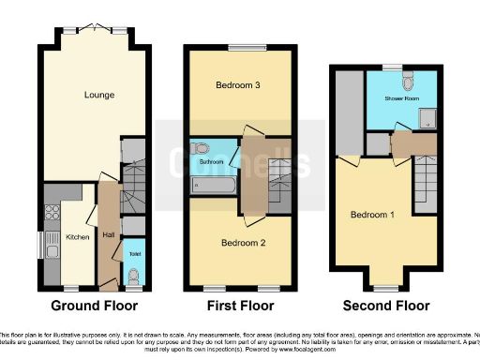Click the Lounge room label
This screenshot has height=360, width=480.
click(93, 95)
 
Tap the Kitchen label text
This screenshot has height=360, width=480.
click(78, 237)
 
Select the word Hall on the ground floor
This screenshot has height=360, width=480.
click(109, 234)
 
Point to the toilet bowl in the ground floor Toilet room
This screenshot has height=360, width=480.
click(134, 276)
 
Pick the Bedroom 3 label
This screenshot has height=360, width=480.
click(237, 86)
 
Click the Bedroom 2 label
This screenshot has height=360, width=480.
click(244, 243)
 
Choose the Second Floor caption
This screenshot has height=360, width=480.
click(386, 306)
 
